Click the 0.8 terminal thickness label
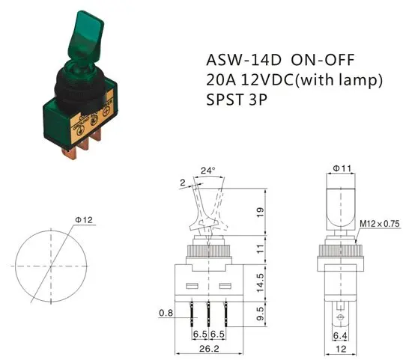[166, 314]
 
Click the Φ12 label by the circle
[85, 219]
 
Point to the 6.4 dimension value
[341, 336]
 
